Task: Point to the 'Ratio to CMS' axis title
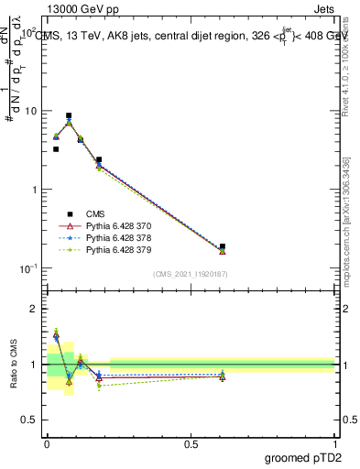[x=13, y=365]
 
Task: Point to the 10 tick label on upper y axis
[x=29, y=111]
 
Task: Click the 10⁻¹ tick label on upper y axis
[x=27, y=268]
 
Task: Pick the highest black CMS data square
[x=69, y=116]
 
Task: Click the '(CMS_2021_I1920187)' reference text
[x=190, y=274]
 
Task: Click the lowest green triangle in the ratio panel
[x=99, y=386]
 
